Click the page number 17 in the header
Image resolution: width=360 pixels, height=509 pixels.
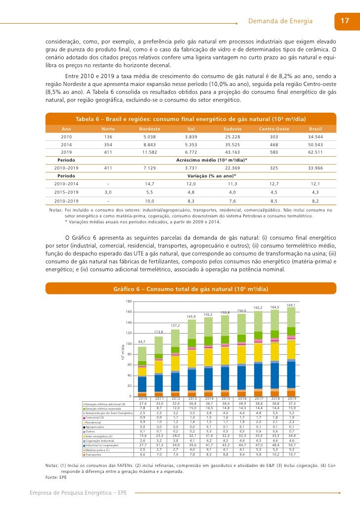tap(345, 21)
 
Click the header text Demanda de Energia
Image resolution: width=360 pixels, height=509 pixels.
tap(280, 21)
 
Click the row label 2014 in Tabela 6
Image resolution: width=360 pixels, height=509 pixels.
tap(66, 144)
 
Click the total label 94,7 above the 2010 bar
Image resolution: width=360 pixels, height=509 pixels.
tap(142, 341)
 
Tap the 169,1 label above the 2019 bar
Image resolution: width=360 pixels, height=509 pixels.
tap(291, 305)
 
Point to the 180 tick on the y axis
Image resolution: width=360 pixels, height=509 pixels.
tap(129, 302)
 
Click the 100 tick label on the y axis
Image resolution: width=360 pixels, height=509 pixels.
tap(129, 344)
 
